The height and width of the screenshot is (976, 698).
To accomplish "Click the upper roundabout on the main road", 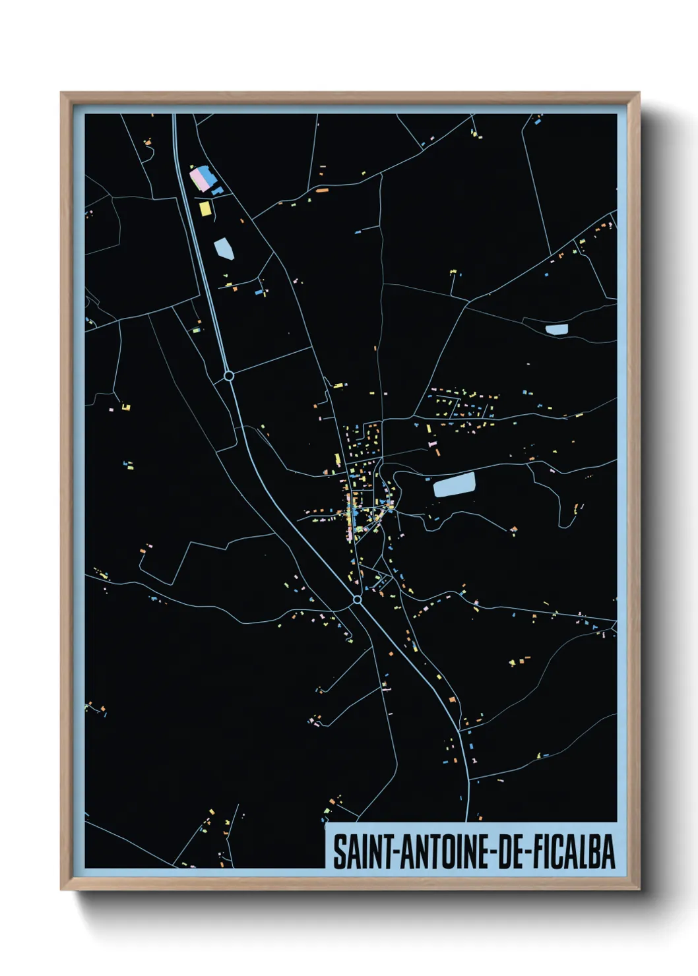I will [x=229, y=376].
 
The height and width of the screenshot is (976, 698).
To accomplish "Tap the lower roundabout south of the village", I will [x=357, y=599].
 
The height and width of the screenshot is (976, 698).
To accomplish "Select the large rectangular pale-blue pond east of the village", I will [x=454, y=485].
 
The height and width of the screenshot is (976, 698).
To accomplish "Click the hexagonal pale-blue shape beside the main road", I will [x=224, y=249].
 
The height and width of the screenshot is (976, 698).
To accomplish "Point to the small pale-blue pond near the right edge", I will [x=556, y=328].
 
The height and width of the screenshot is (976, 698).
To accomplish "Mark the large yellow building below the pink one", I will [x=205, y=208].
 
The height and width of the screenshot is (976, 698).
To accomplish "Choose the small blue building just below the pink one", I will [x=217, y=191].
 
